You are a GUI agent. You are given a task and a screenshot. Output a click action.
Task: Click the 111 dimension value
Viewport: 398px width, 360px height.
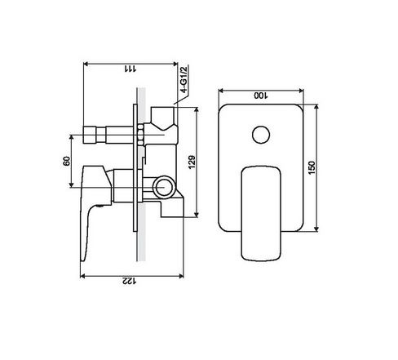[x=130, y=69]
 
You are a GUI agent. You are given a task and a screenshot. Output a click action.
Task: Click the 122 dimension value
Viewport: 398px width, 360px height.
[x=130, y=281]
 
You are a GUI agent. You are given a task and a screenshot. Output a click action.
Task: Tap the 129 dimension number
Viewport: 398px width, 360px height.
[x=192, y=162]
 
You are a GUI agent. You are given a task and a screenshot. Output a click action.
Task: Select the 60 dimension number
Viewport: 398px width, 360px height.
[x=67, y=161]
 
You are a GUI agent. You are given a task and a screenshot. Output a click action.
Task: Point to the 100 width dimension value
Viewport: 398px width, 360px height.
[x=261, y=96]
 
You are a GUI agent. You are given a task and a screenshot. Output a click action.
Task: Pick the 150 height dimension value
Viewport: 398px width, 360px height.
[x=312, y=168]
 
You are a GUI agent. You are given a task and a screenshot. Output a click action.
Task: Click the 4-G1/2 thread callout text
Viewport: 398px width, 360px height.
[x=184, y=79]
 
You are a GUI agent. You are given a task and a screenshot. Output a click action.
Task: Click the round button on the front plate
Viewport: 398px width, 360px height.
[x=261, y=135]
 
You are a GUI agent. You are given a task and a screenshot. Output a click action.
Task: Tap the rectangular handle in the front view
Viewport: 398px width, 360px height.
[x=261, y=213]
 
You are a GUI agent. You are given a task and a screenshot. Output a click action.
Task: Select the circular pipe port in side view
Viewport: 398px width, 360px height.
[x=163, y=187]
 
